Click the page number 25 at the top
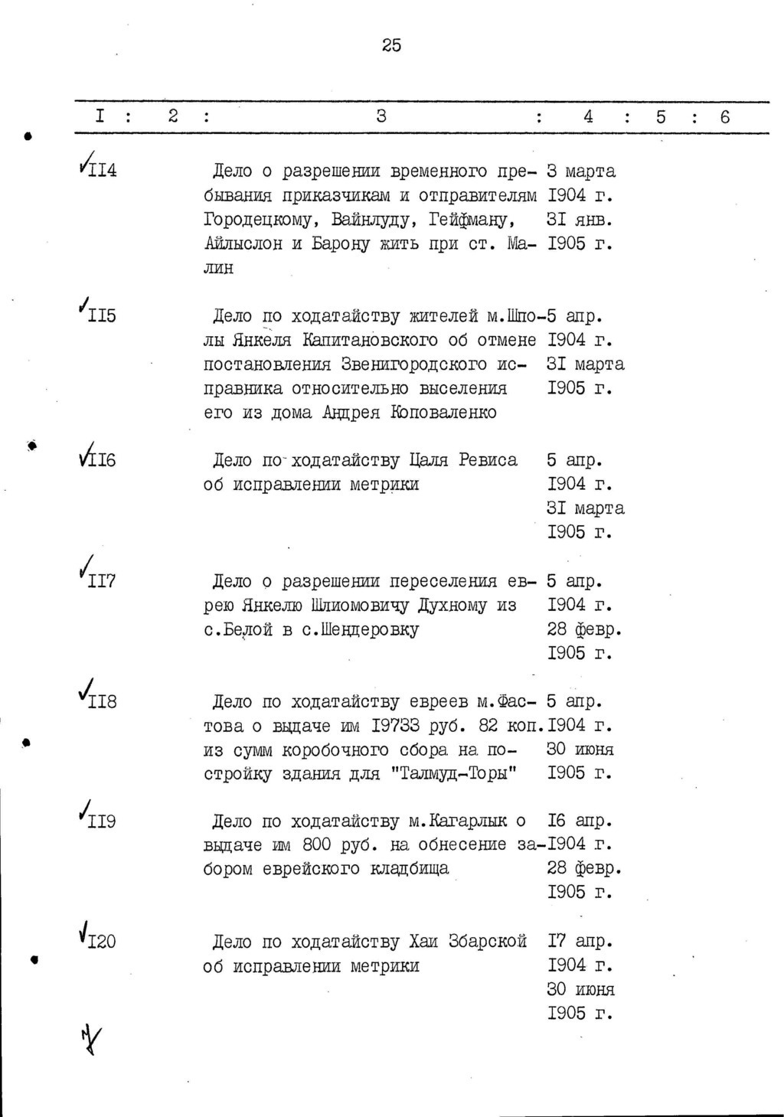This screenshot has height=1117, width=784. pos(391,46)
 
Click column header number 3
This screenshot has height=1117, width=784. pos(381,116)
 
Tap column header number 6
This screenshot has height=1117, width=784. pos(724,117)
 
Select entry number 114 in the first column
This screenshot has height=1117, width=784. pos(103,171)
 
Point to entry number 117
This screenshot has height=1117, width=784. pos(102,581)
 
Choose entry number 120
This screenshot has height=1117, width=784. pos(102,942)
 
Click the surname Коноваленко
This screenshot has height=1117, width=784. pos(443,412)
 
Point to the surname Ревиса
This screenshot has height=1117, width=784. pos(488,460)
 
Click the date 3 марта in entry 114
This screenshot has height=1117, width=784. pos(581,171)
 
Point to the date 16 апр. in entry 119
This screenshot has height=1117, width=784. pos(580,821)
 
